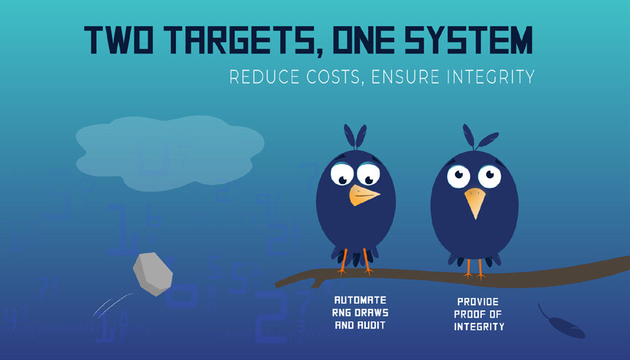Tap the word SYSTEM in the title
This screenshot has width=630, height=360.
pyautogui.click(x=469, y=40)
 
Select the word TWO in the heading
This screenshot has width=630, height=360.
pyautogui.click(x=118, y=40)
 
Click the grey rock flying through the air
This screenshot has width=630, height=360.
pyautogui.click(x=153, y=274)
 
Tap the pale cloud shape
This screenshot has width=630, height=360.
pyautogui.click(x=170, y=153)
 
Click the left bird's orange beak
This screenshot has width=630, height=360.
pyautogui.click(x=364, y=195)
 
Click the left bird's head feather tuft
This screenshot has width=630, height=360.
pyautogui.click(x=356, y=137)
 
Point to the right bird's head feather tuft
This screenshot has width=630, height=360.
pyautogui.click(x=479, y=137)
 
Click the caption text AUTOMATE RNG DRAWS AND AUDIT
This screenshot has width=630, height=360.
pyautogui.click(x=360, y=313)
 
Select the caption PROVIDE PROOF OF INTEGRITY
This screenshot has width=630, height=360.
pyautogui.click(x=479, y=314)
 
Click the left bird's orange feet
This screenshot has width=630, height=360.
pyautogui.click(x=356, y=262)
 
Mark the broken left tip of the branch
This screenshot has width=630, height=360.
pyautogui.click(x=277, y=285)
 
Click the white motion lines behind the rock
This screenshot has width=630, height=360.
pyautogui.click(x=112, y=305)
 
